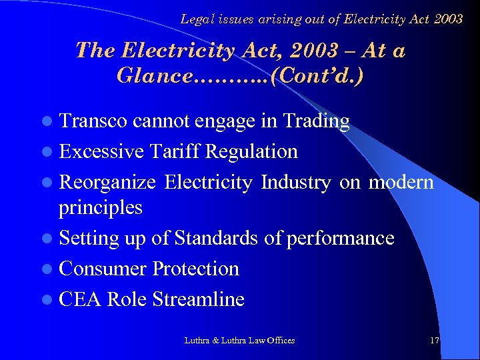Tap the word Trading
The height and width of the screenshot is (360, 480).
pyautogui.click(x=316, y=121)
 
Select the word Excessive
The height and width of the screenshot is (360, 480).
pyautogui.click(x=101, y=151)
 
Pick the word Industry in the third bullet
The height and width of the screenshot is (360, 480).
pyautogui.click(x=296, y=182)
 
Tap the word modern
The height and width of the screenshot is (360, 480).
pyautogui.click(x=401, y=182)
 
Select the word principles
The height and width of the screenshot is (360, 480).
pyautogui.click(x=101, y=207)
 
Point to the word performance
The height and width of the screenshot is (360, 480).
pyautogui.click(x=340, y=238)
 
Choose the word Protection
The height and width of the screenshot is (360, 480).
pyautogui.click(x=195, y=269)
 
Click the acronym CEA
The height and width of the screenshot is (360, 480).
pyautogui.click(x=80, y=299)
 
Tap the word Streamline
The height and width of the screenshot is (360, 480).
pyautogui.click(x=198, y=299)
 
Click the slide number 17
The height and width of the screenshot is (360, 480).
pyautogui.click(x=435, y=341)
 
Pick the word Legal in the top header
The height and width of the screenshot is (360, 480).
pyautogui.click(x=197, y=19)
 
